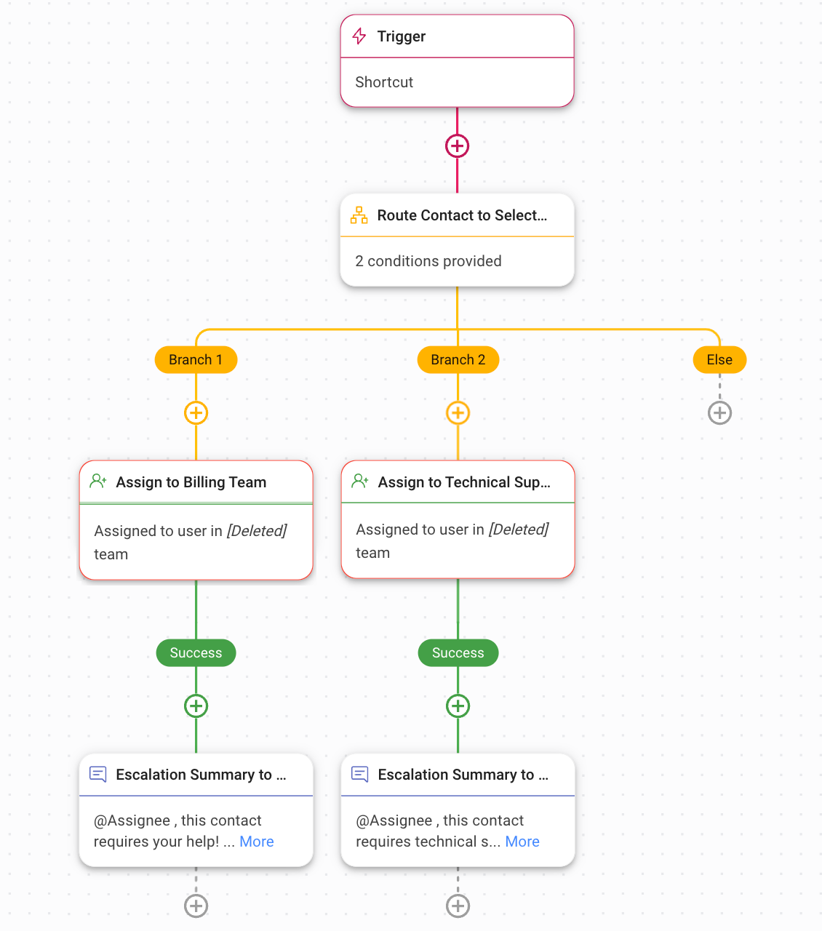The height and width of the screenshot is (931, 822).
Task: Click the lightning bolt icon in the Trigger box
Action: tap(359, 36)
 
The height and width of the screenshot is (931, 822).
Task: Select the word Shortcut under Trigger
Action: tap(384, 82)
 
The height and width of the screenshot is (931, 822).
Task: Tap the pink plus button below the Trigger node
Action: tap(457, 145)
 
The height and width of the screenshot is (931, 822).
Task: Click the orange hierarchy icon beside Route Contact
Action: tap(359, 215)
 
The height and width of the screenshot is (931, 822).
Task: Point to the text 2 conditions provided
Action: tap(428, 261)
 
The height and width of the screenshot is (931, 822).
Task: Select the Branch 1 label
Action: tap(196, 360)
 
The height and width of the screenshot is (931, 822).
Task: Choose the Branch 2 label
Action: tap(458, 360)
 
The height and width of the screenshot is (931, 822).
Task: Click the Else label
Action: tap(719, 360)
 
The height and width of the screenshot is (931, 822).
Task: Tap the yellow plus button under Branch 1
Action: tap(196, 413)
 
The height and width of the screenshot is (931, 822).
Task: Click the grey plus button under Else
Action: tap(719, 413)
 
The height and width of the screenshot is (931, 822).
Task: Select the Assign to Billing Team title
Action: tap(191, 482)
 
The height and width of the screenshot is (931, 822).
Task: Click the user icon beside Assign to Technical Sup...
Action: tap(360, 482)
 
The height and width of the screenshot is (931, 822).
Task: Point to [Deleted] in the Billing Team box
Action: tap(257, 531)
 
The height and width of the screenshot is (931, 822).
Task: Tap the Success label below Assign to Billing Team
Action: tap(196, 653)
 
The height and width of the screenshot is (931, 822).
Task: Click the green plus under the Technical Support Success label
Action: tap(458, 706)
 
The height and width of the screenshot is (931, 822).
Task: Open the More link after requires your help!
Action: tap(257, 842)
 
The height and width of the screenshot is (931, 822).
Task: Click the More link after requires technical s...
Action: tap(522, 842)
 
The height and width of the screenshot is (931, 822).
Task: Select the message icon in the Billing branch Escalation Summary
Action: tap(98, 774)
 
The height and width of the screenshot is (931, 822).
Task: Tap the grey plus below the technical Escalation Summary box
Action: tap(458, 906)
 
